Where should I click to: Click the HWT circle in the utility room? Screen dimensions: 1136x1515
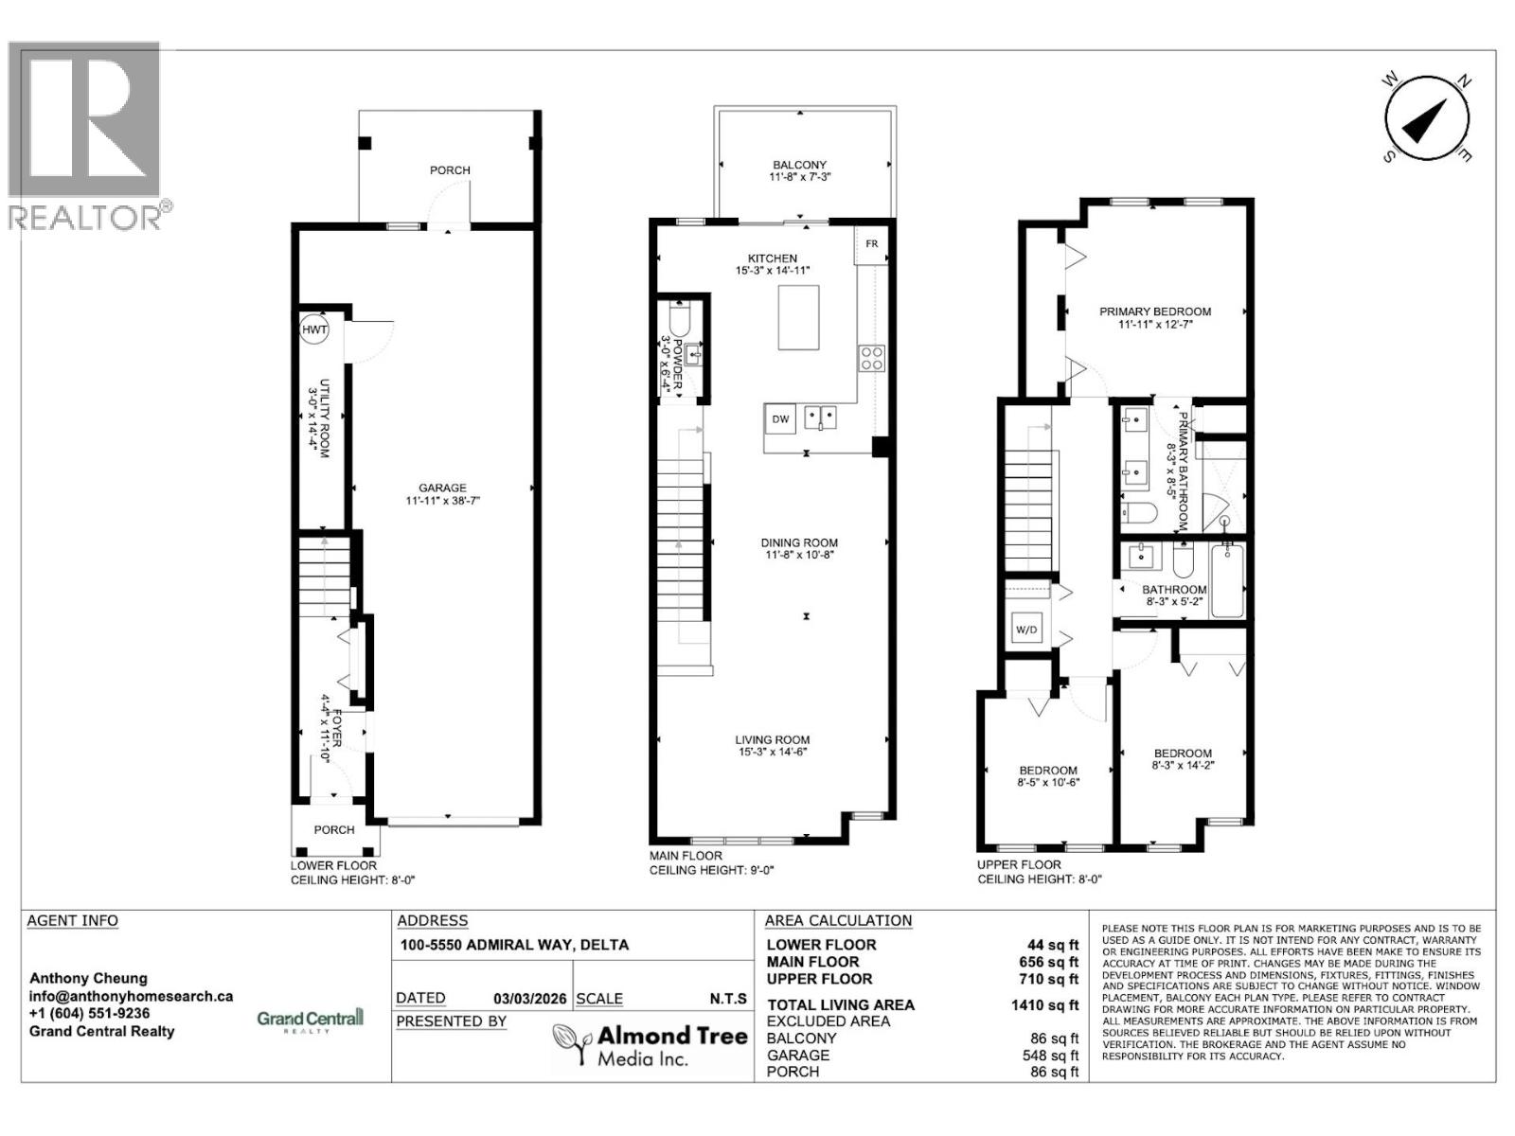point(313,330)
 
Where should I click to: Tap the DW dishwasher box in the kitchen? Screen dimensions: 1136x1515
point(780,419)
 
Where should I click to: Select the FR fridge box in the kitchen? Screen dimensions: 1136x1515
point(871,244)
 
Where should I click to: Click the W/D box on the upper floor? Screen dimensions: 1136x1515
point(1026,630)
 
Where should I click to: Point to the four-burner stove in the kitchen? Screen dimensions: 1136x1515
point(871,357)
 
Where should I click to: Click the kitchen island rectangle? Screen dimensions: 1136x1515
point(799,317)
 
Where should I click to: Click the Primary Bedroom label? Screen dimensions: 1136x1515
point(1154,311)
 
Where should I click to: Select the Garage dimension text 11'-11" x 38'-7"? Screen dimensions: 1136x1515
point(442,502)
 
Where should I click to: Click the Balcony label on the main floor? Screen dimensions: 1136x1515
point(799,165)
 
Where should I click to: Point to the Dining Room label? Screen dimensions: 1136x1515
point(799,543)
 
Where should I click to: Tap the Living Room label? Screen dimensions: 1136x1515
point(773,740)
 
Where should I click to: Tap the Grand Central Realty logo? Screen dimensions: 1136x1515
point(310,1021)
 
